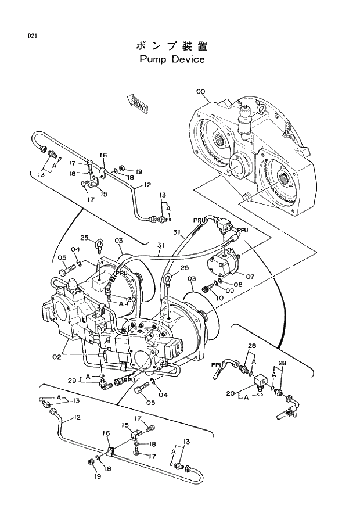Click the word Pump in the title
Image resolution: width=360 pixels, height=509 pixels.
[153, 60]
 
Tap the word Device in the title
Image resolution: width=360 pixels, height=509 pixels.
[188, 60]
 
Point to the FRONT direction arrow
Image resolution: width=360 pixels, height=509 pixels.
[138, 103]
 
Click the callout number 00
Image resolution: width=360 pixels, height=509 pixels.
[200, 91]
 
